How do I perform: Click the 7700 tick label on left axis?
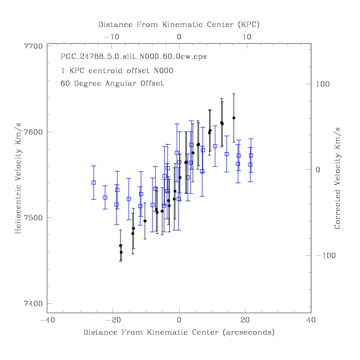coord(33,46)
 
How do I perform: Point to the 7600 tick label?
coord(33,132)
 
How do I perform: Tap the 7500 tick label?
coord(33,218)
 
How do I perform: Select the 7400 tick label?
coord(33,303)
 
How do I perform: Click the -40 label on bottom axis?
coord(47,320)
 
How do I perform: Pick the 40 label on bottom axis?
coord(311,320)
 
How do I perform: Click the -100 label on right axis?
coord(326,255)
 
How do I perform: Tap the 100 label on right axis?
coord(322,84)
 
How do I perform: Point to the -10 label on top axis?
coord(111,37)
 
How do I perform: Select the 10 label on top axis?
coord(247,37)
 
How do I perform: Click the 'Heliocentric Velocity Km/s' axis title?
coord(18,178)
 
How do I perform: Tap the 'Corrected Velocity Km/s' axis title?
coord(337,178)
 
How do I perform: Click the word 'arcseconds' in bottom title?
coord(249,332)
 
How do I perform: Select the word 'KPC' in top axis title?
coord(249,25)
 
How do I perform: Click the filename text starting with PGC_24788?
coord(134,57)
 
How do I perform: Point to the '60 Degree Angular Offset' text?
coord(112,83)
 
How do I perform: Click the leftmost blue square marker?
coord(94,183)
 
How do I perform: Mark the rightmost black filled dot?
coord(234,118)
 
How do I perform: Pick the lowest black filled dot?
coord(121,252)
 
